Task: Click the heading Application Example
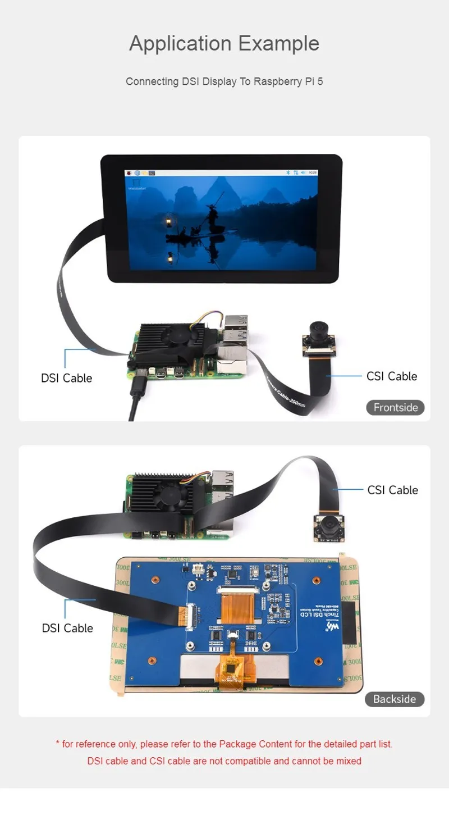(x=224, y=44)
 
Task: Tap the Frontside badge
(x=396, y=407)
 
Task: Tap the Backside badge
(x=395, y=699)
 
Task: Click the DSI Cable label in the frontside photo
(x=66, y=378)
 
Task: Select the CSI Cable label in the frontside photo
(x=392, y=376)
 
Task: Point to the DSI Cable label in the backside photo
(x=67, y=628)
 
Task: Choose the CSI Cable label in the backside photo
(x=393, y=490)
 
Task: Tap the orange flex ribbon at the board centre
(x=241, y=606)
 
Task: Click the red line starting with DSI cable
(x=224, y=761)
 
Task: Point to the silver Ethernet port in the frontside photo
(x=230, y=354)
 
